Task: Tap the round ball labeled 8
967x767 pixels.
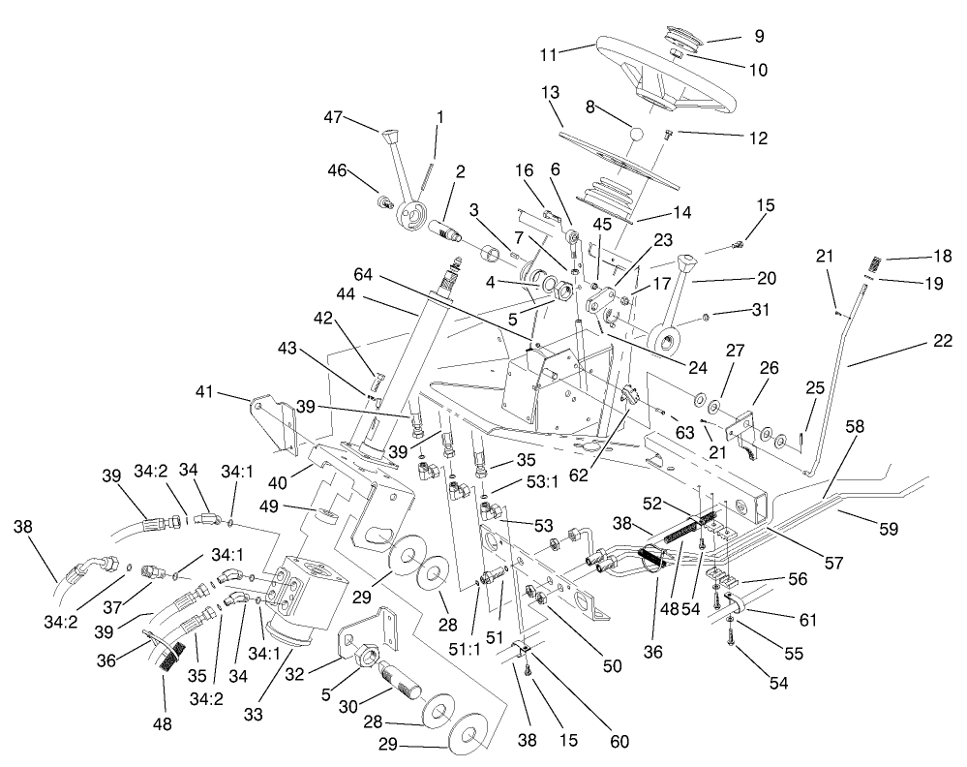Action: (637, 133)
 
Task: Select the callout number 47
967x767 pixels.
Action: (334, 116)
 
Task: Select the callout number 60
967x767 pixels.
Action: (619, 742)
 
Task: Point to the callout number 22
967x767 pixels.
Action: (944, 340)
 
